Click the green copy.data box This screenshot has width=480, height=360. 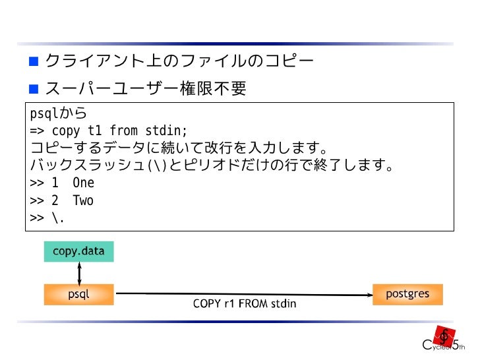pos(78,251)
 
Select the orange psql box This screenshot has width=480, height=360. pos(78,294)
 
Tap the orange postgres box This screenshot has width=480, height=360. pos(407,294)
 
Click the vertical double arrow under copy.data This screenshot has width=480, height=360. pos(79,272)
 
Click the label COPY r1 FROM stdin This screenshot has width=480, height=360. pos(244,304)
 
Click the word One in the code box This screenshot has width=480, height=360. pos(84,183)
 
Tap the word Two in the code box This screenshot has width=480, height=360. pos(83,200)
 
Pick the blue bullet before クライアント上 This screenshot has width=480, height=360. pos(33,63)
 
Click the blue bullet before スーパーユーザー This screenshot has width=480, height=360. pos(33,88)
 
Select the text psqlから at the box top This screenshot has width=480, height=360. pos(58,113)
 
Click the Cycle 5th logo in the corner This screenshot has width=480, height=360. pos(444,339)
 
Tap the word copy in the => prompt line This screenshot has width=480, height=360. pos(65,131)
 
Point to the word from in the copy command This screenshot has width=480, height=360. pos(123,131)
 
